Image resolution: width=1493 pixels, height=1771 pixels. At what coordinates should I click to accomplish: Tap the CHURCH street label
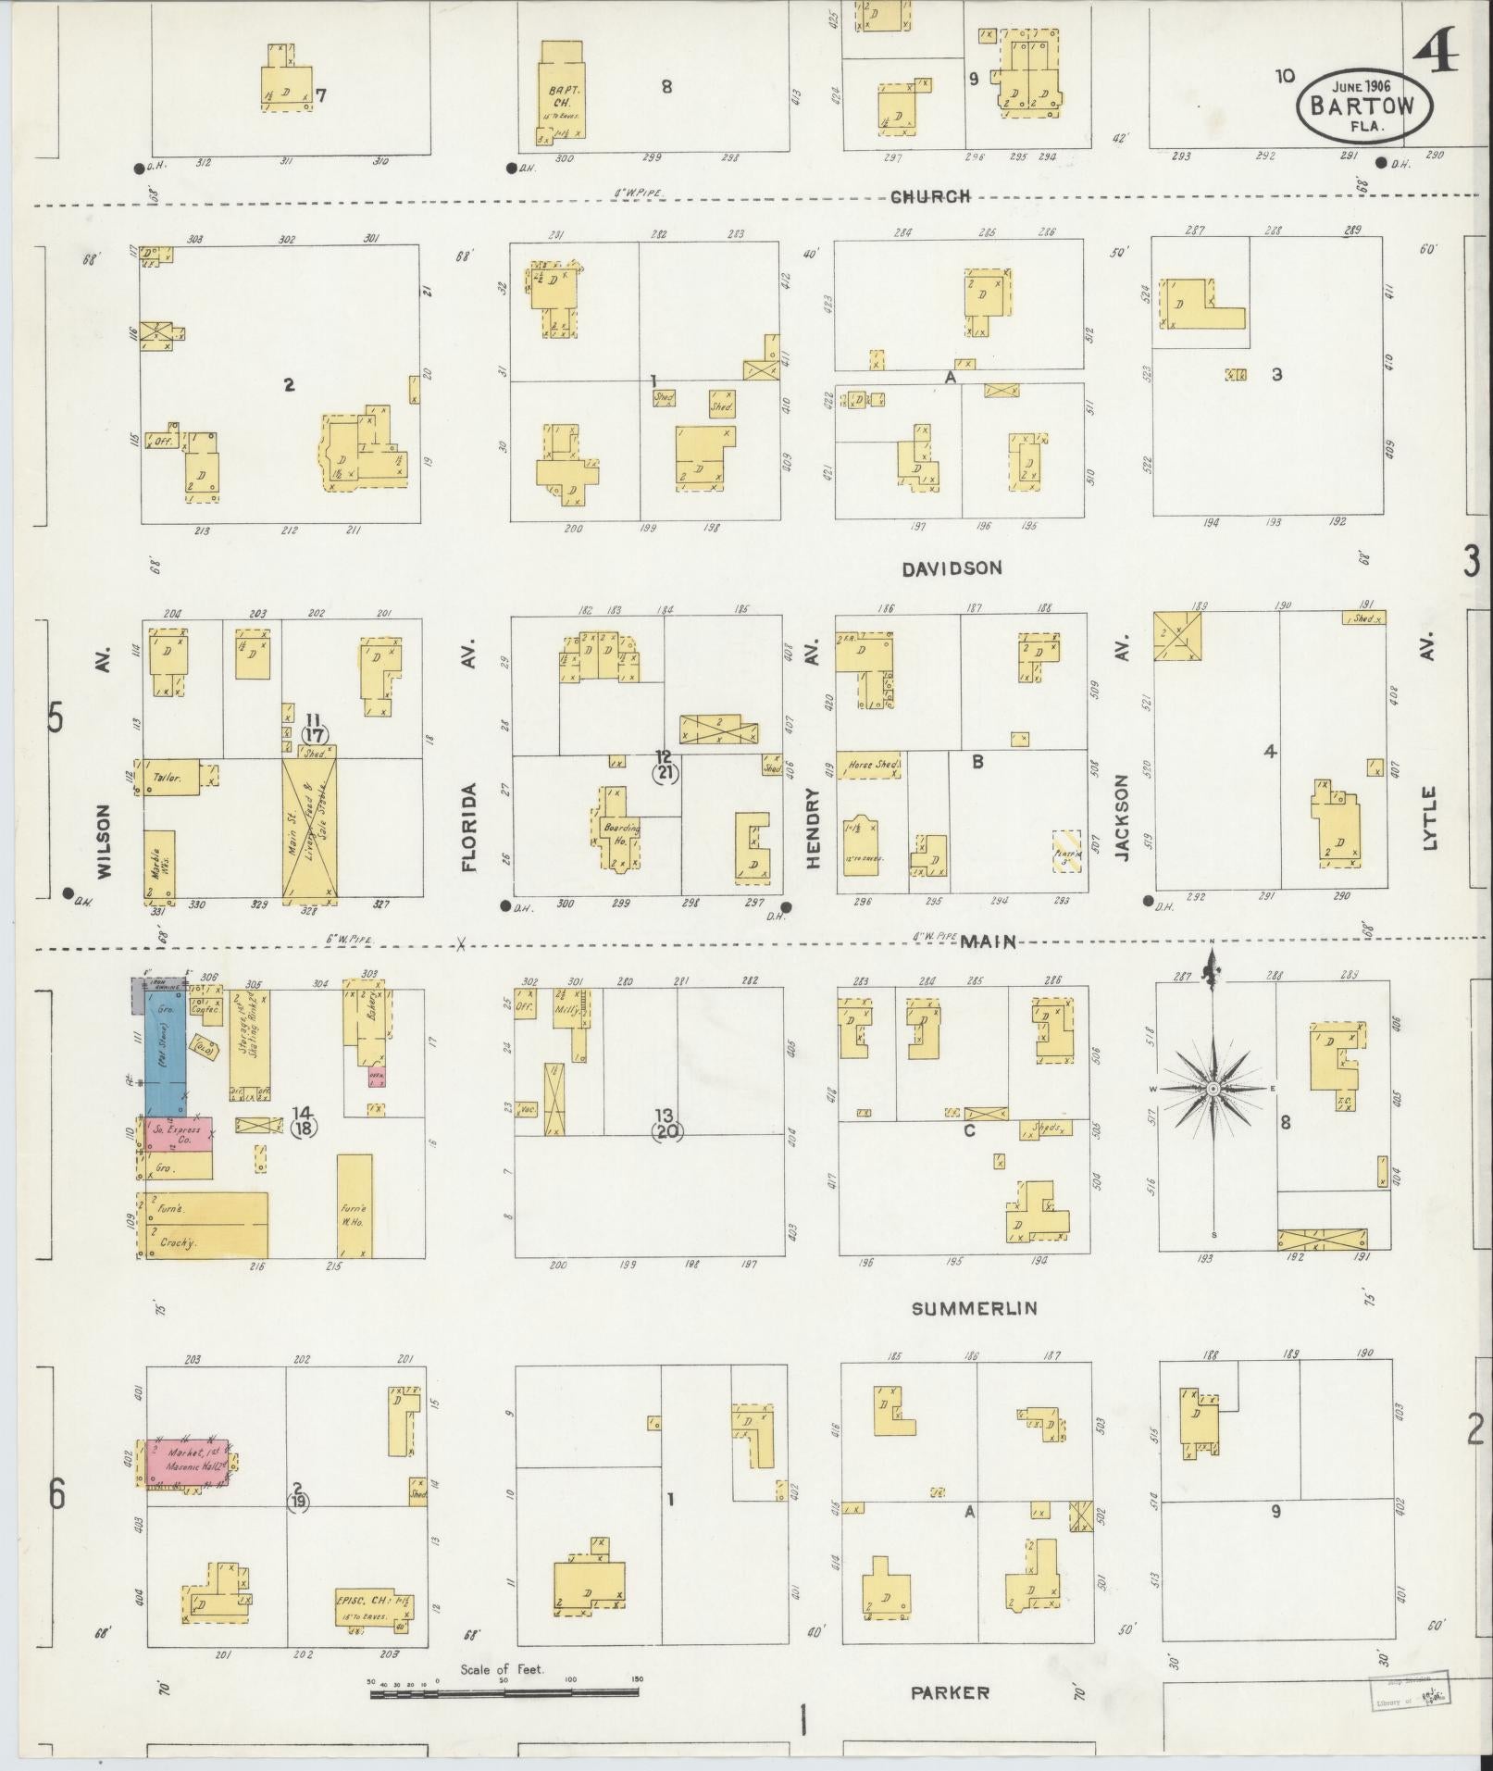930,196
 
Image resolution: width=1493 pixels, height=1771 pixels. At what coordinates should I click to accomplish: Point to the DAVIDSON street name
952,567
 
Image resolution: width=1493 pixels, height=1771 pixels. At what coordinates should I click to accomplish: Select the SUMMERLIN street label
974,1308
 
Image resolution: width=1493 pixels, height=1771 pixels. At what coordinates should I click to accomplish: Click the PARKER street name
950,1692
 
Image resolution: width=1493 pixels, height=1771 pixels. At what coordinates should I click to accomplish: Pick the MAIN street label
989,942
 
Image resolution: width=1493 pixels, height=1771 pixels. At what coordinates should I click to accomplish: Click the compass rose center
1212,1089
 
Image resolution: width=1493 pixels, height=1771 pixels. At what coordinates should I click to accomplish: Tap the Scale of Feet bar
504,1693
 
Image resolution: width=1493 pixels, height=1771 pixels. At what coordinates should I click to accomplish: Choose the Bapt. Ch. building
561,94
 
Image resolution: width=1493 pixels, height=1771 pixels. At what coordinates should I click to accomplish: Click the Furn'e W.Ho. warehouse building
355,1204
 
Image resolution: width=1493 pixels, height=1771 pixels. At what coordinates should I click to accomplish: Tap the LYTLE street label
1429,817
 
